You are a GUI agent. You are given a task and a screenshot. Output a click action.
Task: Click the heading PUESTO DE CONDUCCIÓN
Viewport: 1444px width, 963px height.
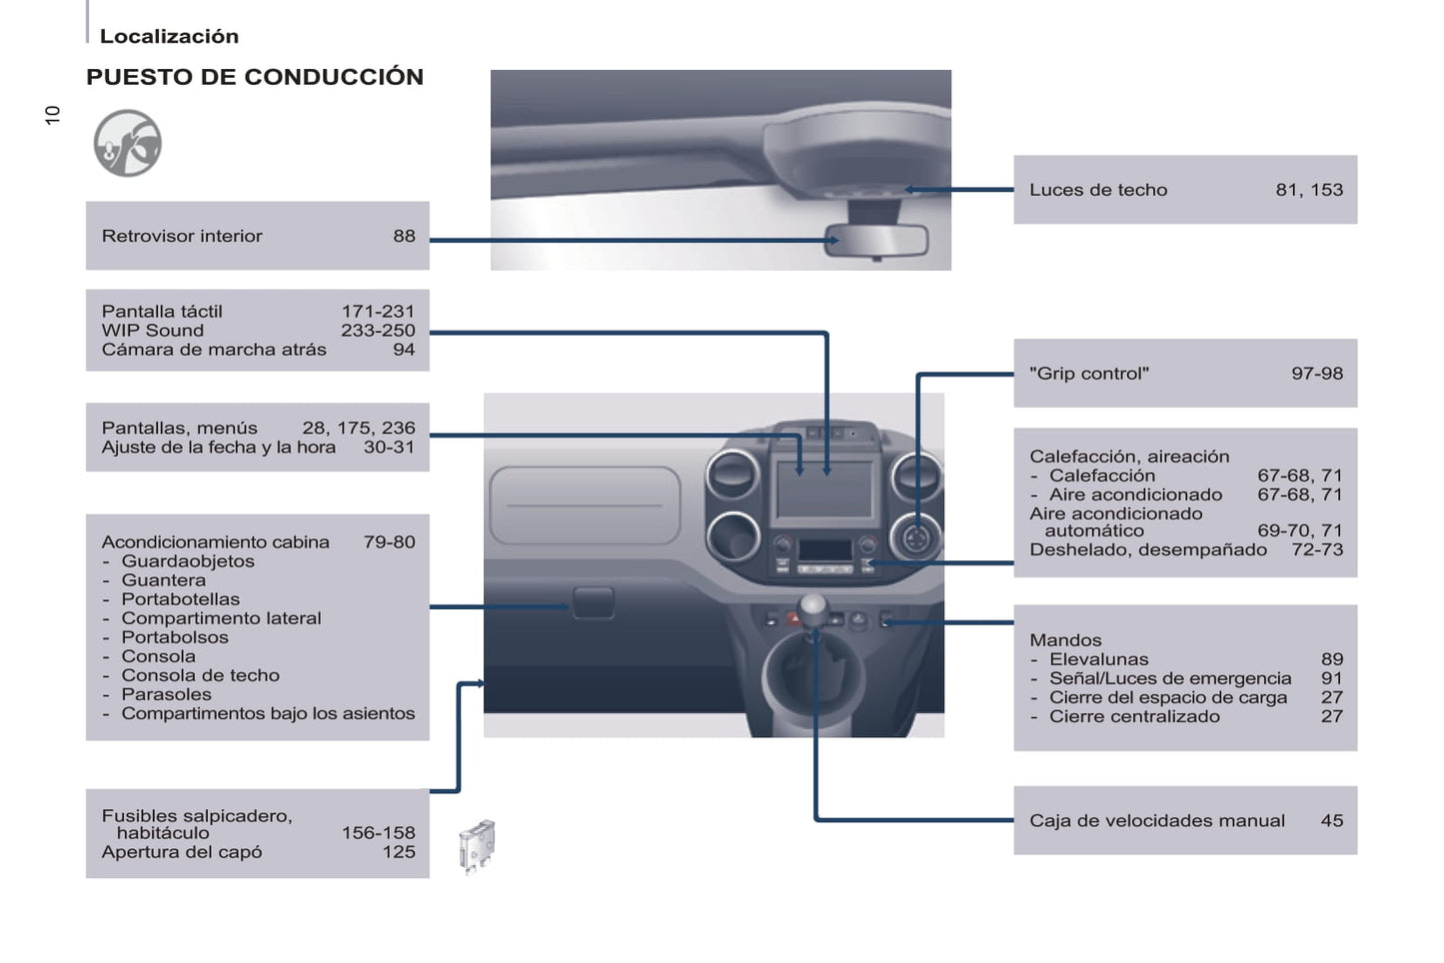[255, 77]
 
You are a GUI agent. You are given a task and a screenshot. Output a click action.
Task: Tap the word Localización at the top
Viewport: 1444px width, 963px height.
[169, 36]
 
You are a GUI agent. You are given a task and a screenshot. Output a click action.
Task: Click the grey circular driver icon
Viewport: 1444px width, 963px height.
[128, 143]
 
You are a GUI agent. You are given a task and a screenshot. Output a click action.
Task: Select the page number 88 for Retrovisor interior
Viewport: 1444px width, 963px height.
[404, 236]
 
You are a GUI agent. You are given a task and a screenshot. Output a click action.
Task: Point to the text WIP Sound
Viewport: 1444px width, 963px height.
[152, 331]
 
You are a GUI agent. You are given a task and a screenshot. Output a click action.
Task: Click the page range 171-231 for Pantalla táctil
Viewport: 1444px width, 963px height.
[378, 312]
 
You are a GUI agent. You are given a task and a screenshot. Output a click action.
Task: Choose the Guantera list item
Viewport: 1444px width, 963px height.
[163, 580]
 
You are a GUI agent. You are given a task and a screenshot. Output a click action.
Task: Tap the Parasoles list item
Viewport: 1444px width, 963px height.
[166, 694]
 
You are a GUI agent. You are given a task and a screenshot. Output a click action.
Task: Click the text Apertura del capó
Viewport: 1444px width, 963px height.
[182, 852]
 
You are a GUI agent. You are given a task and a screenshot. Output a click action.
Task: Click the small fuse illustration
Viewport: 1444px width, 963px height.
[477, 846]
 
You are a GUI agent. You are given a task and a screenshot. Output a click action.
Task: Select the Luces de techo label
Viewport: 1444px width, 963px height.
[1098, 190]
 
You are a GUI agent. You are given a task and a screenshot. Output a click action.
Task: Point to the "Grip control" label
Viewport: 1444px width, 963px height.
[1089, 374]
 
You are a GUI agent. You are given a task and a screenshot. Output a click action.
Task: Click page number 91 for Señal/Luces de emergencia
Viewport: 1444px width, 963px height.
[1332, 678]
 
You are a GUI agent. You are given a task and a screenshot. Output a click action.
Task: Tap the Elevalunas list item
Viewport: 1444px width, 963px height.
[1098, 659]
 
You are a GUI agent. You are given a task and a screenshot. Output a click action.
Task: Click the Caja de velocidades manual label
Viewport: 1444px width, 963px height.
[1157, 821]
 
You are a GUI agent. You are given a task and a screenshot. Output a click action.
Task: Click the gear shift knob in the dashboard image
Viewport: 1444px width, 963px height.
[814, 605]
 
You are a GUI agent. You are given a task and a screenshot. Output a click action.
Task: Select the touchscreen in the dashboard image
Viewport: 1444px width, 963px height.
[823, 488]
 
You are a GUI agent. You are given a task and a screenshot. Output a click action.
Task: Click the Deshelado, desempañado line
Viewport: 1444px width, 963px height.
[1148, 549]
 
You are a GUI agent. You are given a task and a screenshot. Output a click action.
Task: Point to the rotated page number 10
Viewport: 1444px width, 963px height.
[53, 114]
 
